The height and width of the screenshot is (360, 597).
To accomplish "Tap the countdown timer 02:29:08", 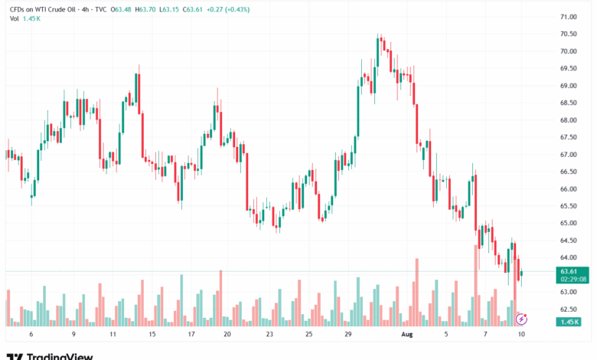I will (573, 280).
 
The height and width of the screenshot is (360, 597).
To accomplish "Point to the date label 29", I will (348, 335).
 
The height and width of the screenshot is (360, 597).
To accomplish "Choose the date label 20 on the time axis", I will (227, 335).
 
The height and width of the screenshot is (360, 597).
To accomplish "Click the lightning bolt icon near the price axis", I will (523, 318).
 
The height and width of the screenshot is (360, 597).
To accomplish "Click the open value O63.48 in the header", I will (122, 8).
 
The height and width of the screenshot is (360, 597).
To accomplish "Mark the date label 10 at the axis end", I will (520, 335).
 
